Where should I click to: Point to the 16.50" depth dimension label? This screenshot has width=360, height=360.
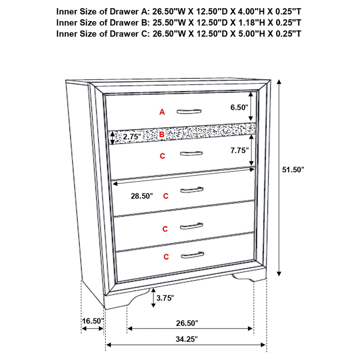point(93,321)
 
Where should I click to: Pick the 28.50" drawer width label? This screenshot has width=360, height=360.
point(141,196)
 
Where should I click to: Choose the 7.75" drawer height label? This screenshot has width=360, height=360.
point(238,151)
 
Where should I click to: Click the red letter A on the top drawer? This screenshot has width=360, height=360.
point(162,112)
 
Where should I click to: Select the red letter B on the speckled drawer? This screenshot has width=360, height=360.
point(162,134)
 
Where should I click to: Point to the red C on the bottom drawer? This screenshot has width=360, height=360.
point(166,257)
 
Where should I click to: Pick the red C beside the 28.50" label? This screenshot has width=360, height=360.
point(166,196)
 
